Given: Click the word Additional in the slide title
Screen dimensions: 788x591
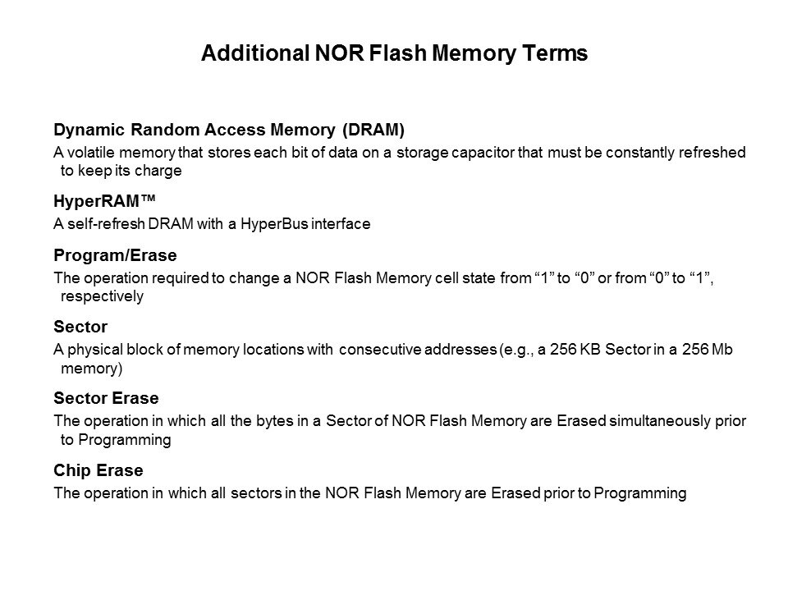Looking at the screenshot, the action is click(255, 53).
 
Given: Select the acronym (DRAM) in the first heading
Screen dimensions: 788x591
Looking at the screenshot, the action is click(373, 130).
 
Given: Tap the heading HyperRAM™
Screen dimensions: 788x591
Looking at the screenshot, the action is click(104, 201).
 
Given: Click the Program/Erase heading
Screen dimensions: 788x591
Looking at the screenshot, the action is click(115, 255).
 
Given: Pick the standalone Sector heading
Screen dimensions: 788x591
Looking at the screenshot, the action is click(80, 327).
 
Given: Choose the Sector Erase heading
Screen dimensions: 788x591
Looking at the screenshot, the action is click(106, 398).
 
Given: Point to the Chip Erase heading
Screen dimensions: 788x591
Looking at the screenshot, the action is click(98, 470).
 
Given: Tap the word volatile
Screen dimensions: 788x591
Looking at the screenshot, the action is click(91, 153).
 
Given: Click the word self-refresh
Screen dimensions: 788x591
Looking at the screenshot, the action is click(106, 223).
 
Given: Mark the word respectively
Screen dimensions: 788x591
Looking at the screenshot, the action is click(102, 296).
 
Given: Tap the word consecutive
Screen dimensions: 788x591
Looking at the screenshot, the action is click(380, 350).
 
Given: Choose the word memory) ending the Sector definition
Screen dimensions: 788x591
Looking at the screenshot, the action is click(91, 369).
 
